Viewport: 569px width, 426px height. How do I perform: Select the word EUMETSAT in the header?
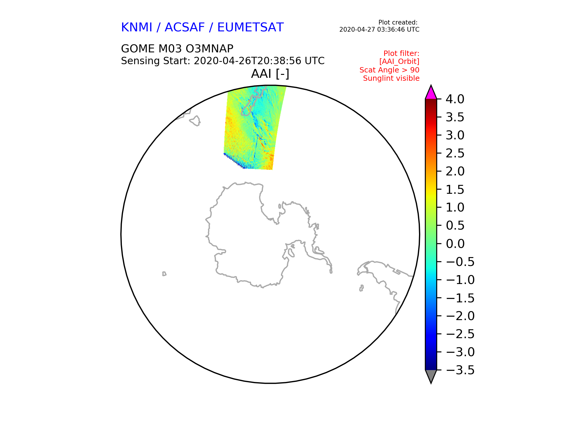[x=250, y=28]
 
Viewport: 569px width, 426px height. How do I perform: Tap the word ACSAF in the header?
[x=185, y=28]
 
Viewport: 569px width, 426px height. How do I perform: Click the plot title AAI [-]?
[x=270, y=74]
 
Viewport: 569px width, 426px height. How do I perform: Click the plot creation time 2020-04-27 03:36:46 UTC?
[x=379, y=30]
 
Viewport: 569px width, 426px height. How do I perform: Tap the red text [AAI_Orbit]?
[x=399, y=62]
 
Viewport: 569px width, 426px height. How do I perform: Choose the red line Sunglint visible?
[x=391, y=78]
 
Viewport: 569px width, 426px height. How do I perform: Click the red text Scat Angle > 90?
[x=389, y=70]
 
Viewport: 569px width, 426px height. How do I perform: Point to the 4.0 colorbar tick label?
[x=455, y=99]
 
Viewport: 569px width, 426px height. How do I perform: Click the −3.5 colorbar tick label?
[x=460, y=370]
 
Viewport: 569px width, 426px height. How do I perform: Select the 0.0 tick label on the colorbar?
[x=455, y=244]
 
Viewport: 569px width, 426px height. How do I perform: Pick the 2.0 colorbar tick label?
[x=455, y=171]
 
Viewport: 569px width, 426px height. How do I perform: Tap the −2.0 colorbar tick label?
[x=460, y=316]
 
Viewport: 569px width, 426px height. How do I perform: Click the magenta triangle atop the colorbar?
[x=431, y=93]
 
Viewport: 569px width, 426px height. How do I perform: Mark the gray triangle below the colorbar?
[x=431, y=376]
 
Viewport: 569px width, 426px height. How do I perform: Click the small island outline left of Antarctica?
[x=164, y=274]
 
